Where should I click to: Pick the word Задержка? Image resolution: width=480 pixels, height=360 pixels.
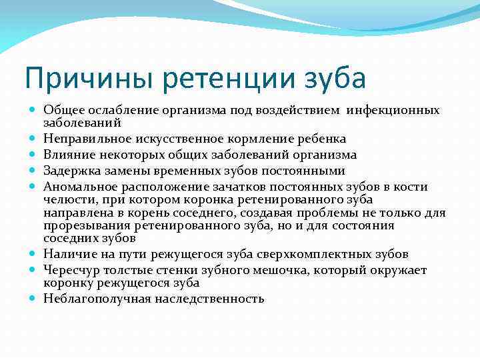pos(70,171)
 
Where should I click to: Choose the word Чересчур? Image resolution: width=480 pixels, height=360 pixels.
pos(71,270)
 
